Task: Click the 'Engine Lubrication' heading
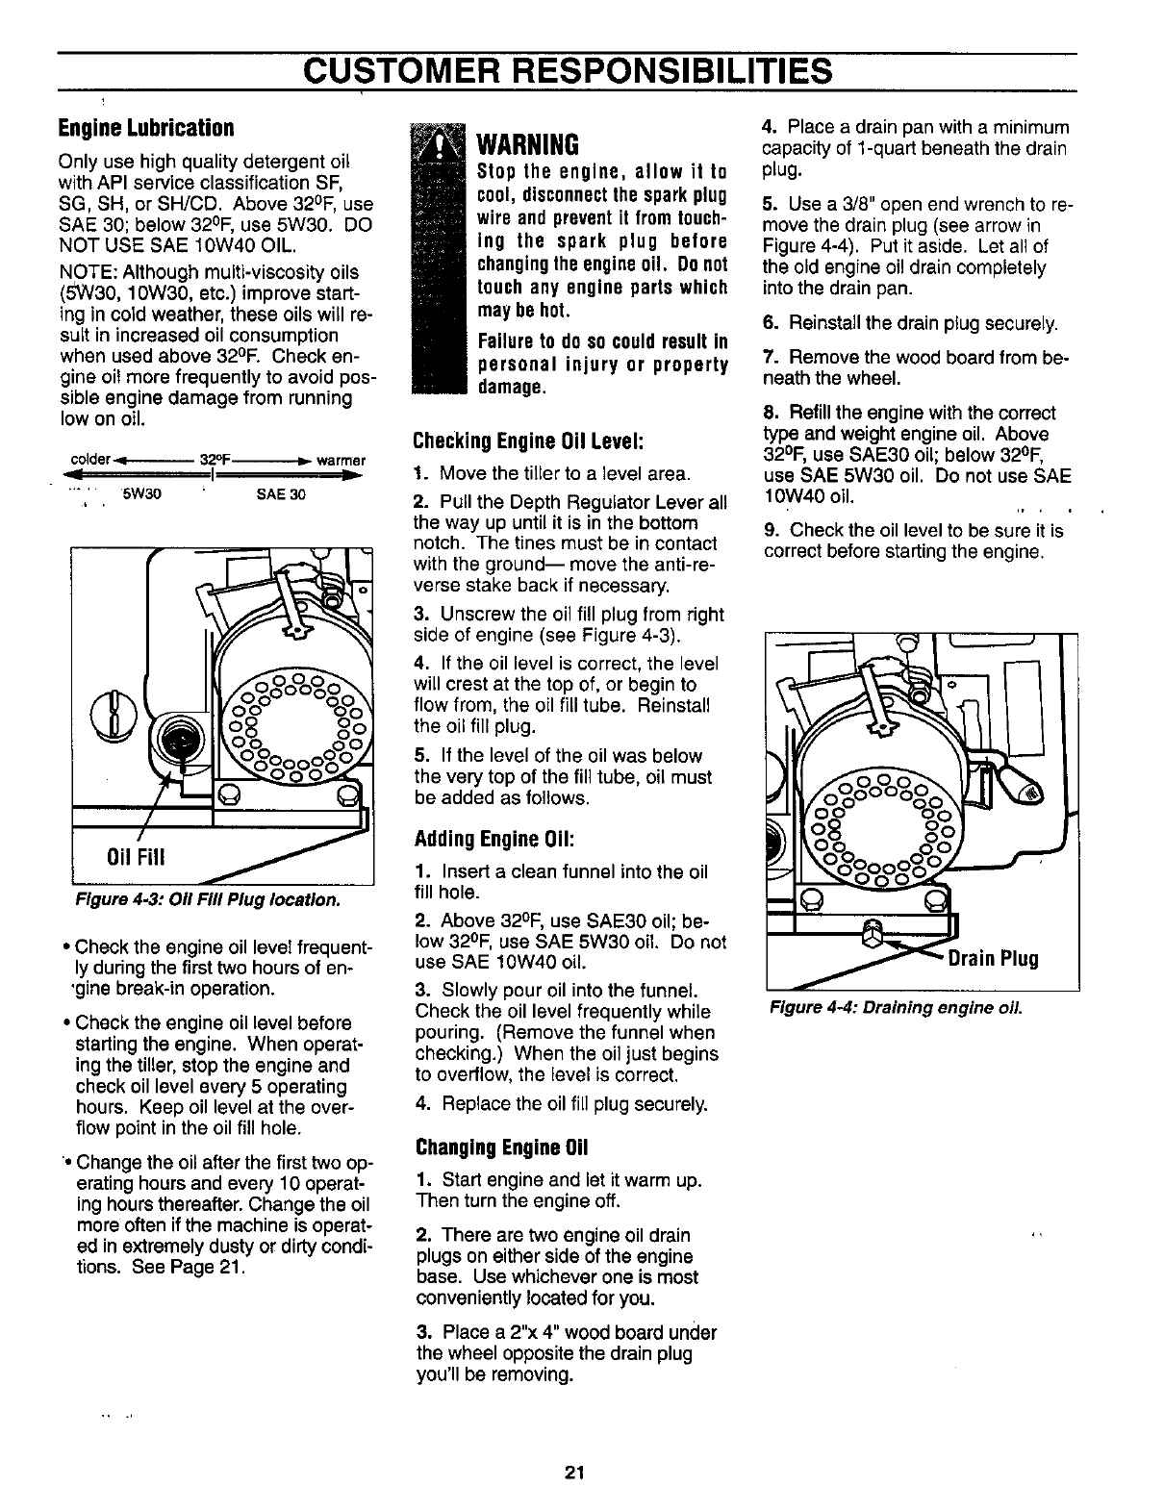point(146,128)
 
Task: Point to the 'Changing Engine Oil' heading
point(500,1147)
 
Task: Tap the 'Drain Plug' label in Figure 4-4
point(993,959)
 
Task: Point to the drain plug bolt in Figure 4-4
point(873,931)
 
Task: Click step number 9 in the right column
point(770,531)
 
